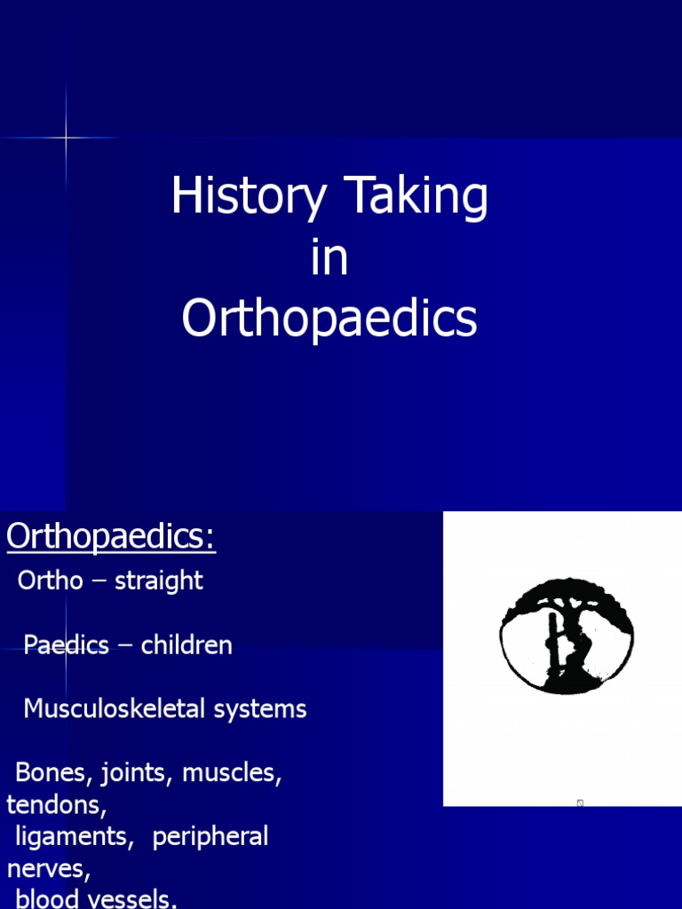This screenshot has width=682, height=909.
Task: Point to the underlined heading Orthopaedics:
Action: click(111, 537)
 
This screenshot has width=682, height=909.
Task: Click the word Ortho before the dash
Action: click(51, 581)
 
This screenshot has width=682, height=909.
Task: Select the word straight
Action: click(159, 581)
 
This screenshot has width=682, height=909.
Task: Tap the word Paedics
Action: click(66, 645)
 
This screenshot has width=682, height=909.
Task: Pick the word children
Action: click(186, 645)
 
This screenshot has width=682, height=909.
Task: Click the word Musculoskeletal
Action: click(111, 709)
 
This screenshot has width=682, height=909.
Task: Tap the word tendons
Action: click(56, 805)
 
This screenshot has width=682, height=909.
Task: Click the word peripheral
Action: click(210, 837)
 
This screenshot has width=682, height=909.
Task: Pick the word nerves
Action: click(48, 869)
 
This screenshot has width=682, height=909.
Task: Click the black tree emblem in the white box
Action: click(567, 635)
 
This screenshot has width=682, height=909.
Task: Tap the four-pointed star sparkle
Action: click(67, 138)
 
